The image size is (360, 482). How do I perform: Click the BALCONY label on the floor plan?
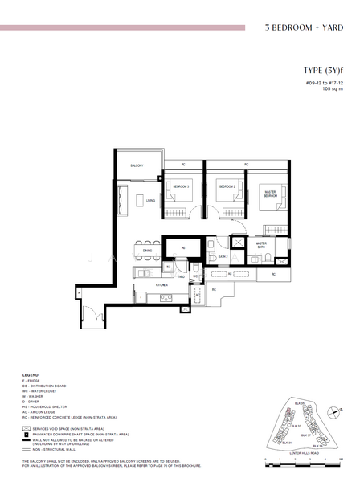tap(137, 165)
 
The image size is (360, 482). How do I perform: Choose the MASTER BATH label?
tap(261, 245)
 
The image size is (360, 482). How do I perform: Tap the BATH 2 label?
tap(223, 256)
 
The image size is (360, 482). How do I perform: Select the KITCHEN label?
tap(161, 284)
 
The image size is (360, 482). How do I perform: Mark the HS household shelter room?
tap(183, 248)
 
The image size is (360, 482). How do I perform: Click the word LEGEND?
tap(30, 376)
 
